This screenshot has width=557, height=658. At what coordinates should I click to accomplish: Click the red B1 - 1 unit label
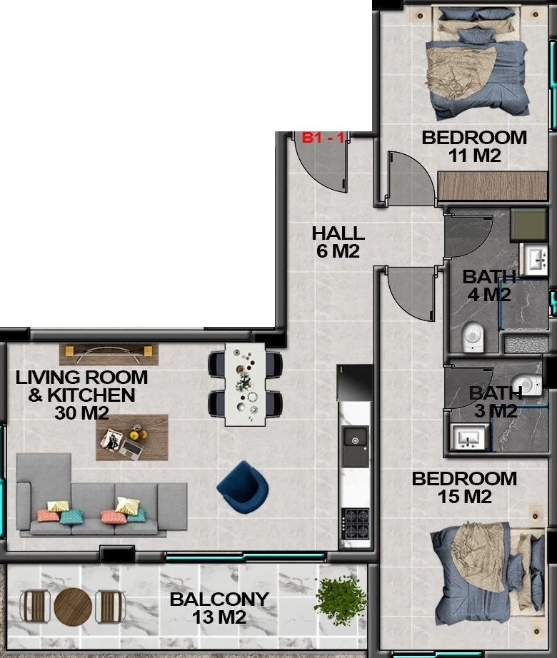pos(323,137)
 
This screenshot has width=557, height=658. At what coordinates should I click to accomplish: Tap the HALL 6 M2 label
pos(338,242)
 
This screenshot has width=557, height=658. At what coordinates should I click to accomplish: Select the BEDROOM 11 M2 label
pos(474,146)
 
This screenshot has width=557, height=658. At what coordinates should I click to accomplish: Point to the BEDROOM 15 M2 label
pos(464,487)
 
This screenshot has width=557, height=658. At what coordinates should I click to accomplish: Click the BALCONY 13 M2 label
pos(219,608)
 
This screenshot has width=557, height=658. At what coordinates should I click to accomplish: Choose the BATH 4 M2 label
pos(489,285)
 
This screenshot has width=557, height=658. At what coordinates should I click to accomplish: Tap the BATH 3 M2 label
pos(496,402)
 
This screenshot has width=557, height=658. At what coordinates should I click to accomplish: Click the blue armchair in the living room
pos(243,487)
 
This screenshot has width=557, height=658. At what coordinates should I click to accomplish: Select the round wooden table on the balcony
pos(73,607)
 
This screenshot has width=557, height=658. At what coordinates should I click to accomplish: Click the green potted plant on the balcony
pos(341,600)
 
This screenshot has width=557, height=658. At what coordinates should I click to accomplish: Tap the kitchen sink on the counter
pos(355,447)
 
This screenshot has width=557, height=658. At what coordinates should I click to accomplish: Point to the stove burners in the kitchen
pos(355,524)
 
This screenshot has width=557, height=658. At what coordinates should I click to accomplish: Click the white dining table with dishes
pos(245,385)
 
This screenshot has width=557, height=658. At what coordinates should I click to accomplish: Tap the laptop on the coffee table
pos(131,449)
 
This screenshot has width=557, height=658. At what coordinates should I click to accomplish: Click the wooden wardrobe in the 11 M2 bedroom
pos(492,186)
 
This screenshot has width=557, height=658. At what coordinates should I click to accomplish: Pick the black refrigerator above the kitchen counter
pos(355,383)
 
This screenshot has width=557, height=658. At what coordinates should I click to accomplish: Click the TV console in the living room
pos(109,355)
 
